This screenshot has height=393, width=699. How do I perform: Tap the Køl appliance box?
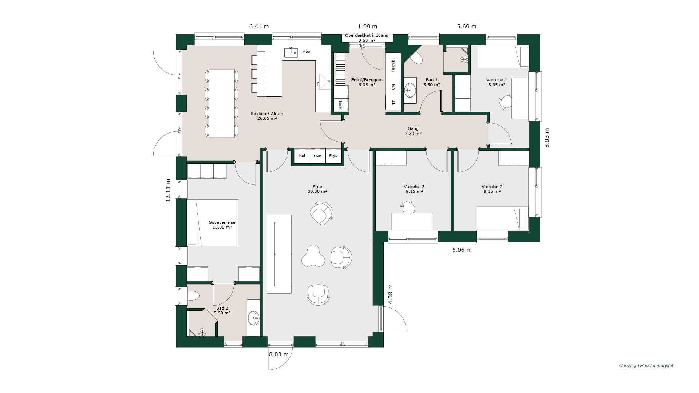(302, 156)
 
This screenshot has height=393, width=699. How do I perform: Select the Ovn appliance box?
(317, 156)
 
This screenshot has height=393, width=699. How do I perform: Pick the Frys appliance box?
(333, 156)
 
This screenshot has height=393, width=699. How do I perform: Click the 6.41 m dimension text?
(259, 27)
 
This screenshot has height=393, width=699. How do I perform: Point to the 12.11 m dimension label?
(168, 190)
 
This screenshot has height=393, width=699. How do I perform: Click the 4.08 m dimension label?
(390, 294)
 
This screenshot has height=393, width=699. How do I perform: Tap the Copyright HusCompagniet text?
(646, 366)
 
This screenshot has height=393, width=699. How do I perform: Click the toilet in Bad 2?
(193, 295)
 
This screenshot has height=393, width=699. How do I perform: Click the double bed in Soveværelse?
(213, 223)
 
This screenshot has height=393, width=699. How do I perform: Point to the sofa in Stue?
(279, 254)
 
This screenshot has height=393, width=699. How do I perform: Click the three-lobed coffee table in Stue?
(313, 256)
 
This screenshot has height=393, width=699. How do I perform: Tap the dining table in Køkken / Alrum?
(222, 103)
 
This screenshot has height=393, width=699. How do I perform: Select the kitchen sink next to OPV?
(291, 52)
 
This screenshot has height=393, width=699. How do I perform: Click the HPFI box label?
(341, 105)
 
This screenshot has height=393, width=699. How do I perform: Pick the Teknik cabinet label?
(393, 66)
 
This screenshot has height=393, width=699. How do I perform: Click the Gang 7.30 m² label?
(413, 131)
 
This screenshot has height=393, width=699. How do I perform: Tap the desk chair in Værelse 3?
(408, 207)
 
